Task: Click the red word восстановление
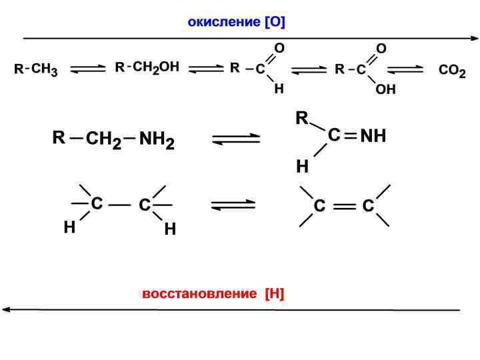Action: (x=199, y=293)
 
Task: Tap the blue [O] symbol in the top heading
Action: (x=275, y=23)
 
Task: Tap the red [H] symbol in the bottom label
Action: (x=274, y=293)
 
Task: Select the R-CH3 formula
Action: (x=36, y=69)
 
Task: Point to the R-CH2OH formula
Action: (x=147, y=67)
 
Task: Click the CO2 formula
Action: (x=452, y=70)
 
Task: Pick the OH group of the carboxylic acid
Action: (x=385, y=90)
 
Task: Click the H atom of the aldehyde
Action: (x=279, y=89)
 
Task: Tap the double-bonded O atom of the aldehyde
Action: (x=280, y=48)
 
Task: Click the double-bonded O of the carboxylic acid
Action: (x=381, y=48)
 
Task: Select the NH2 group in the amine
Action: (x=157, y=140)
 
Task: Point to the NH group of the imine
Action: (x=373, y=136)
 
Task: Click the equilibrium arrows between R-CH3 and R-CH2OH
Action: (x=87, y=69)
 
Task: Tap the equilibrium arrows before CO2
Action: (x=405, y=69)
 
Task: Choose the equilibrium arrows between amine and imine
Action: (x=236, y=139)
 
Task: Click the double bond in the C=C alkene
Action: (x=344, y=207)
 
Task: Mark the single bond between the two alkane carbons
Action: (x=120, y=205)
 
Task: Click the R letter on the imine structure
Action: (x=302, y=119)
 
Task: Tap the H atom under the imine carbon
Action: (x=302, y=167)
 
